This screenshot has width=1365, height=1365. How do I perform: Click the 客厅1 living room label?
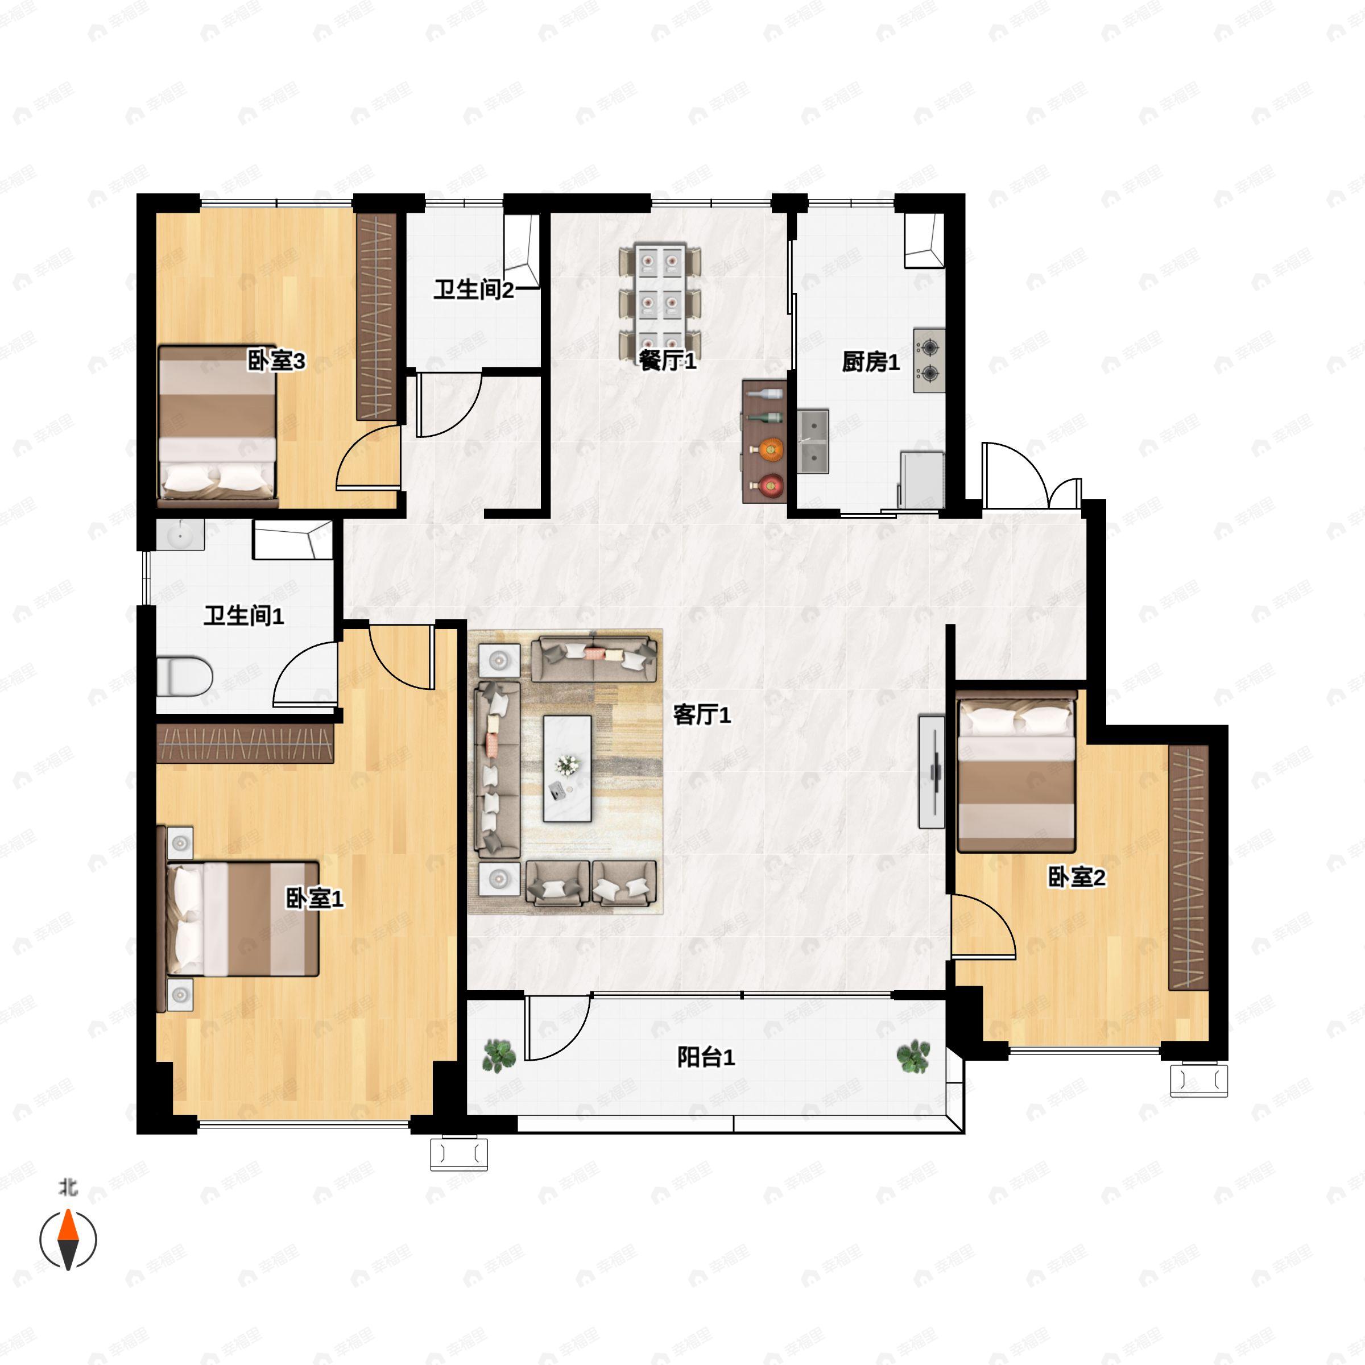tap(702, 715)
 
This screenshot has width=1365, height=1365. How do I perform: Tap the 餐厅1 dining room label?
tap(668, 361)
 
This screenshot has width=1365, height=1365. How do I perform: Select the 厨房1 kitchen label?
tap(870, 362)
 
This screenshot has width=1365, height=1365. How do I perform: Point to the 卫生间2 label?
tap(473, 289)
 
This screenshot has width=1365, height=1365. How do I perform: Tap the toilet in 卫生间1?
tap(184, 676)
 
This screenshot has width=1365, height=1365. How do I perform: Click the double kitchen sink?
tap(813, 441)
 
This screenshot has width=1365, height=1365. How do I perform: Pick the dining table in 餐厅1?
tap(660, 300)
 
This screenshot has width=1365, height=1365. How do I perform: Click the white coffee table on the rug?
tap(566, 769)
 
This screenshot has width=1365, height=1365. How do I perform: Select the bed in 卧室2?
tap(1016, 772)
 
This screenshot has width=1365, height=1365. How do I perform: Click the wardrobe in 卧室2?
tap(1188, 867)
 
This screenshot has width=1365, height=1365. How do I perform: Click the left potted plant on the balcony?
tap(499, 1056)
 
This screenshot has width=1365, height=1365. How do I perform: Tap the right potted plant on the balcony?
tap(913, 1056)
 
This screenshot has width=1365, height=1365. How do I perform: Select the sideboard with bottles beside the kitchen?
tap(764, 441)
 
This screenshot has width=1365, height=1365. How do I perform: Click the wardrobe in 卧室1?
tap(245, 743)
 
